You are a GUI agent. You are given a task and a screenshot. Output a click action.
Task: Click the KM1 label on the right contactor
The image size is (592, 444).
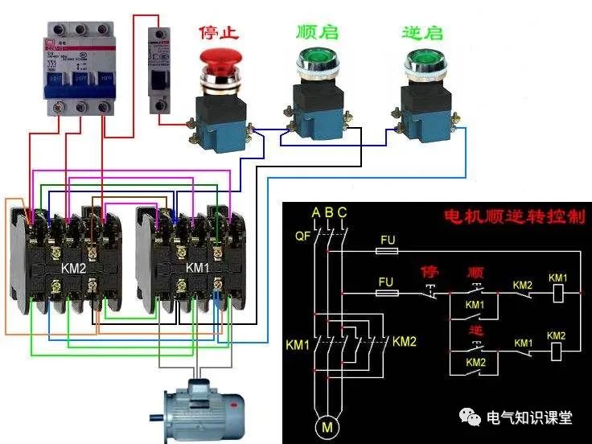(x=198, y=267)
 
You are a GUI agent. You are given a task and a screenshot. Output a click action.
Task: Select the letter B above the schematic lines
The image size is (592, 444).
(x=329, y=212)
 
